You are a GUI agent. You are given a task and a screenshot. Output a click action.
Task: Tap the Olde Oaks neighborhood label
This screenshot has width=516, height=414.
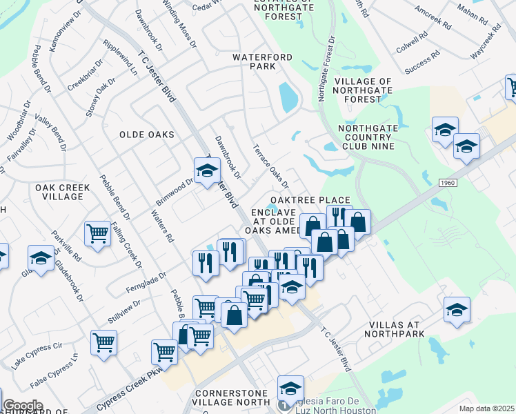tap(146, 135)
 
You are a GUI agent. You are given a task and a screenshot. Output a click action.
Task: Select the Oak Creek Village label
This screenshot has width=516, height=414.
tap(59, 192)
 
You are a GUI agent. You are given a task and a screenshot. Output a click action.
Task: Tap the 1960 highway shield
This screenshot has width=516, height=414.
tap(446, 181)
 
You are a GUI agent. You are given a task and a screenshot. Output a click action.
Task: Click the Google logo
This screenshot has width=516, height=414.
tap(23, 406)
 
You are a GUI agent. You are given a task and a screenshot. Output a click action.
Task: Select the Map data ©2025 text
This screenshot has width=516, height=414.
tap(486, 408)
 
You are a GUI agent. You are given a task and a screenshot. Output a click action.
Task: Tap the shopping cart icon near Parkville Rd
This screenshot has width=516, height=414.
tap(98, 234)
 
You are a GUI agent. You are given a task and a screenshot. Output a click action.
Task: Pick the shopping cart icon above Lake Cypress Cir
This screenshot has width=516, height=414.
tap(103, 342)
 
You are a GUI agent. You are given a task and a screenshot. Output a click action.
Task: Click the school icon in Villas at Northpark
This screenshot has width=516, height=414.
tap(457, 308)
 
